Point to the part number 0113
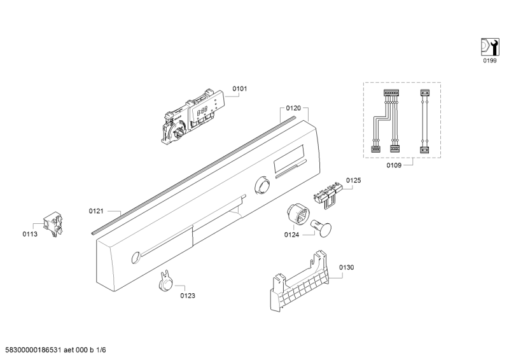click(29, 234)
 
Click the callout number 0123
click(187, 295)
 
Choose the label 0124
click(291, 235)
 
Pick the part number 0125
click(353, 181)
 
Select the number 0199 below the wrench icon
click(488, 61)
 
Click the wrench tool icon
click(488, 46)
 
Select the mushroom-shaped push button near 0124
click(319, 226)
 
